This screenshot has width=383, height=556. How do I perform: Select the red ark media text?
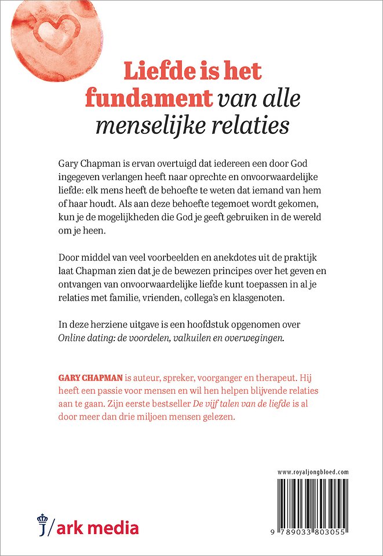pos(98,528)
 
